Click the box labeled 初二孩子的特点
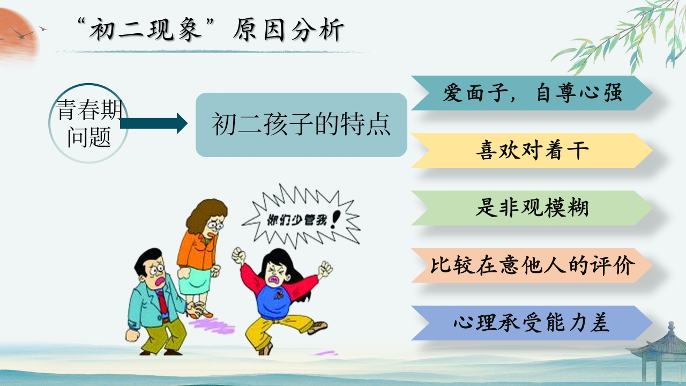click(301, 125)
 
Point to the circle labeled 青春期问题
click(88, 123)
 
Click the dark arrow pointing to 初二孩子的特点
click(154, 123)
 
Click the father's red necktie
click(162, 303)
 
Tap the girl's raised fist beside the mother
click(239, 256)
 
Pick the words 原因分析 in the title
click(288, 30)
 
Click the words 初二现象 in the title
click(145, 30)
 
